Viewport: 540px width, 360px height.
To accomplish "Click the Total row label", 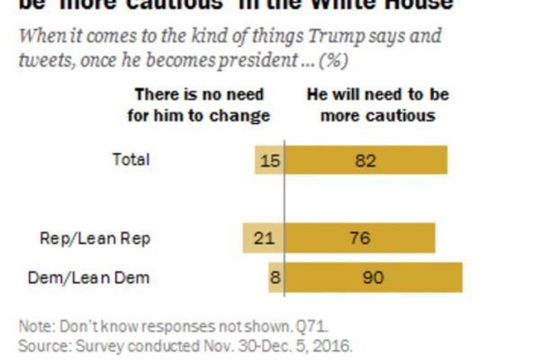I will [x=130, y=160].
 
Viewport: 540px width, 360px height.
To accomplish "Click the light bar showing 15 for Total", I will [x=269, y=160].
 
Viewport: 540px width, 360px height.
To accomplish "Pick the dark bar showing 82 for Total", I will [x=365, y=160].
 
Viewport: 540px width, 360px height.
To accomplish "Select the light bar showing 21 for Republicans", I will [x=263, y=238].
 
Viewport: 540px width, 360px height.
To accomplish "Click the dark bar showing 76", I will [x=360, y=238].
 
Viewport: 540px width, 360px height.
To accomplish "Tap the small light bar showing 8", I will [x=275, y=277].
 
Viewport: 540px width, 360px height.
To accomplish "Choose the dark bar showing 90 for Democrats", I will [x=373, y=277].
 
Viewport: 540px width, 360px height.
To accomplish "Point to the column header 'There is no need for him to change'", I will [x=202, y=104].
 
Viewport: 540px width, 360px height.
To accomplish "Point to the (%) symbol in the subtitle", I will [x=337, y=61].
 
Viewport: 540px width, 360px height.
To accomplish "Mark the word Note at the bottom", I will [x=34, y=325].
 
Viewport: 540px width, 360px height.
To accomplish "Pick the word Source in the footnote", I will [x=40, y=346].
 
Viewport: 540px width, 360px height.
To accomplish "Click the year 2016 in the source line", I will [x=332, y=346].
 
